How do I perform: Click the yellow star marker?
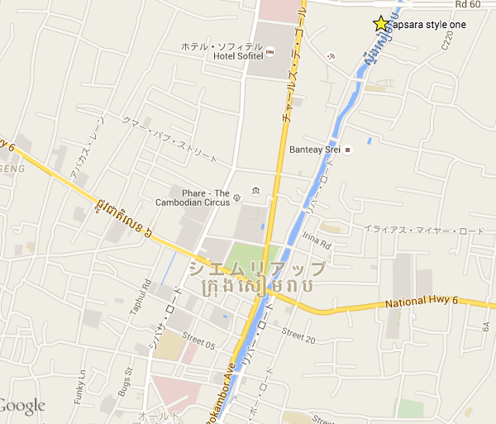click(x=380, y=24)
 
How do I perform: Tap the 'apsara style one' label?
click(x=428, y=26)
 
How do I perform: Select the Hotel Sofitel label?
click(x=238, y=55)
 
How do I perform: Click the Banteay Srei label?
click(x=316, y=150)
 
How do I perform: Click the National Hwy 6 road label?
click(x=422, y=305)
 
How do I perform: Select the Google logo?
click(x=22, y=406)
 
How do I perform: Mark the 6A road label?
click(x=486, y=327)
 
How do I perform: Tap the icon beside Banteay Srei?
click(x=348, y=150)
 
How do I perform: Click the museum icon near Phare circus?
click(x=255, y=191)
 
